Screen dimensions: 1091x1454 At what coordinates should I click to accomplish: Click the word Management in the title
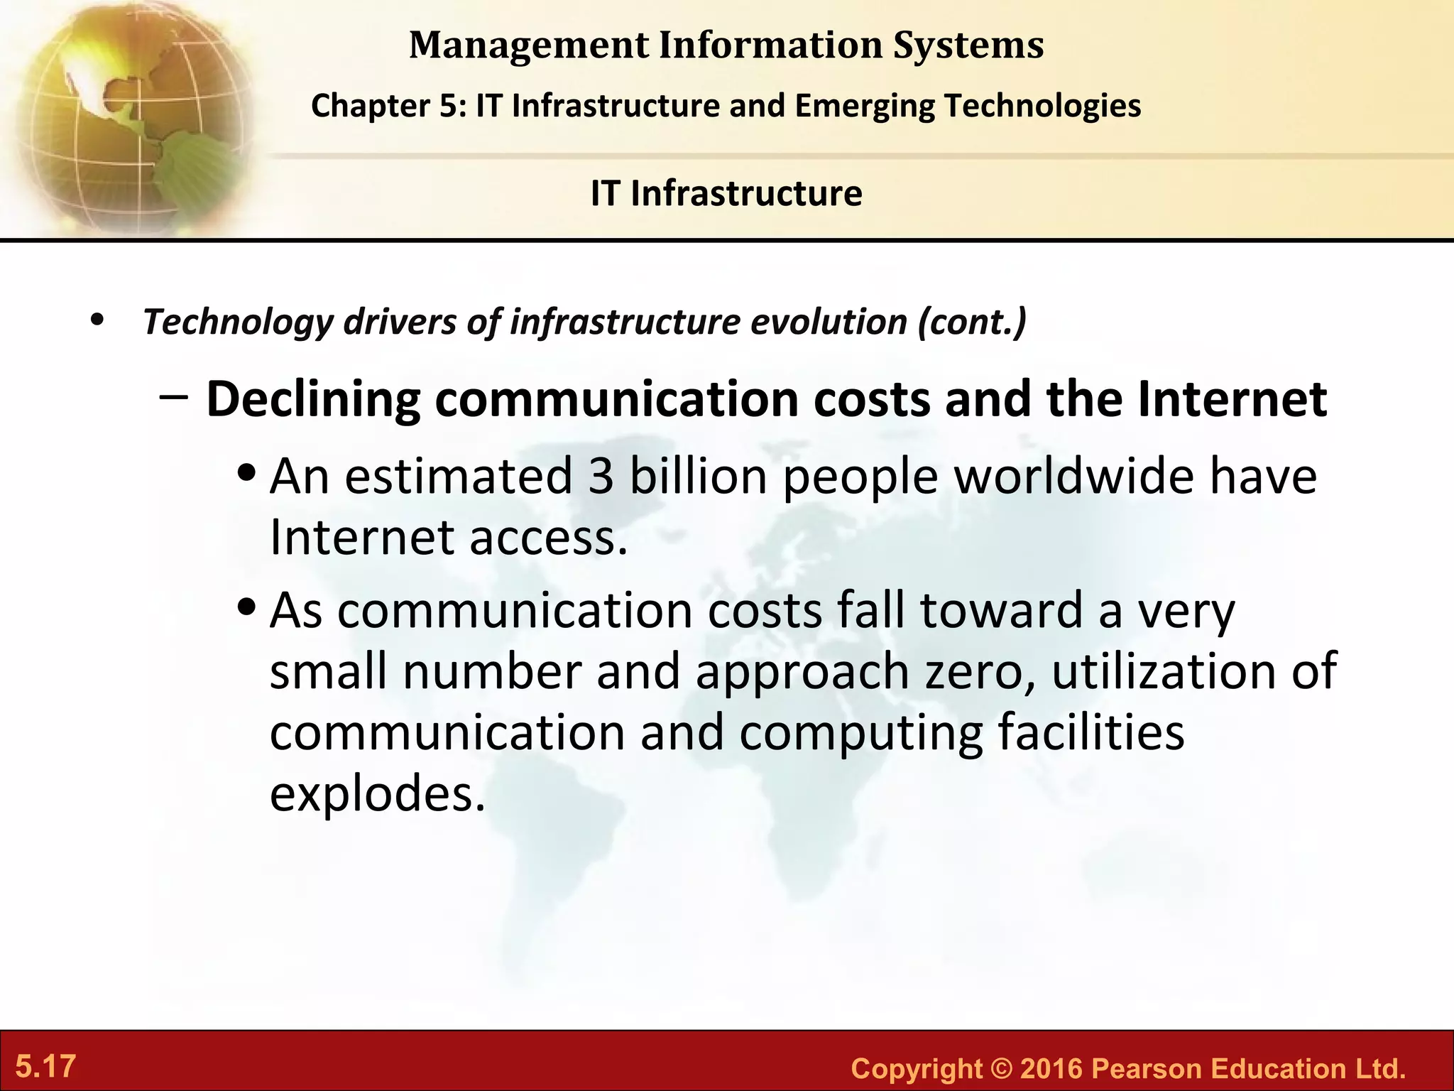tap(528, 45)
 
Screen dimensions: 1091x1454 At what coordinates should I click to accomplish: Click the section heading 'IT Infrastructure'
tap(726, 193)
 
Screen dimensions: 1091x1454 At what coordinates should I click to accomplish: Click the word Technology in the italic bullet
tap(237, 322)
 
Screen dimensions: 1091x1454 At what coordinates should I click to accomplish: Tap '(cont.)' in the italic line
tap(971, 322)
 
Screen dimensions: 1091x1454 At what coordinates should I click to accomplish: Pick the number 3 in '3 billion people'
tap(601, 476)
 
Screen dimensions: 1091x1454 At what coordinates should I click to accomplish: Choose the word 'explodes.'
tap(377, 794)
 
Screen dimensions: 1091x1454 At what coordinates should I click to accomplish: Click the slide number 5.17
tap(45, 1067)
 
